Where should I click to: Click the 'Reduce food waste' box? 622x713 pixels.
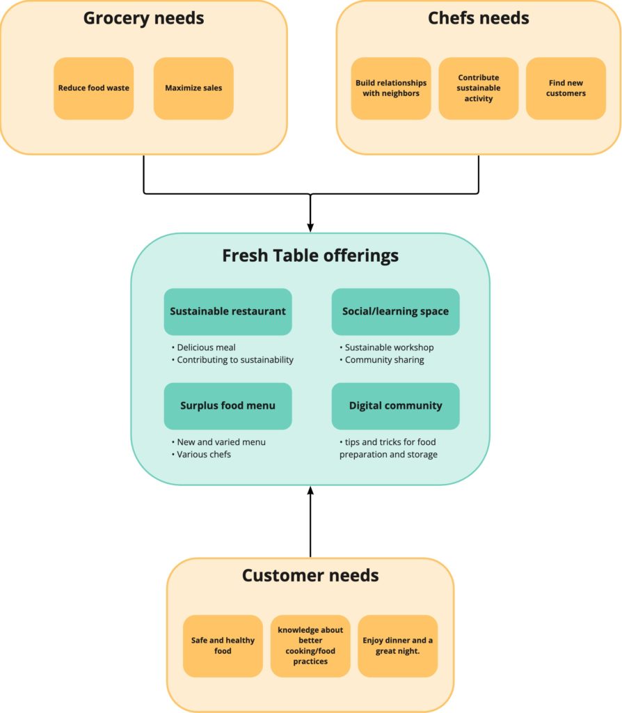pyautogui.click(x=93, y=88)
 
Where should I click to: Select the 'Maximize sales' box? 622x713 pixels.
pyautogui.click(x=193, y=88)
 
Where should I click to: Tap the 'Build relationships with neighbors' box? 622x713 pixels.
pyautogui.click(x=391, y=88)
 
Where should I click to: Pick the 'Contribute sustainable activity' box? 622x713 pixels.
pyautogui.click(x=479, y=88)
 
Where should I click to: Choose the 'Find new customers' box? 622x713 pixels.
pyautogui.click(x=566, y=88)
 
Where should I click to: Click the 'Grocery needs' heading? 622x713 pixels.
pyautogui.click(x=143, y=18)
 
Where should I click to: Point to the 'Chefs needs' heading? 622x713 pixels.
pyautogui.click(x=479, y=18)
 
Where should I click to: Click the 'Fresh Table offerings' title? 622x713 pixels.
pyautogui.click(x=310, y=256)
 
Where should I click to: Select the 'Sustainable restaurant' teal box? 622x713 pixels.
pyautogui.click(x=228, y=311)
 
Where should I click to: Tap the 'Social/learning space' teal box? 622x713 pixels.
pyautogui.click(x=395, y=311)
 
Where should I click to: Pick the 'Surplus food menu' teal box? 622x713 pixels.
pyautogui.click(x=228, y=405)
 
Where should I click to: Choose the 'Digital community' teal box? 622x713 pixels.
pyautogui.click(x=395, y=405)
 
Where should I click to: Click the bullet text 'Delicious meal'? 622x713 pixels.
pyautogui.click(x=206, y=347)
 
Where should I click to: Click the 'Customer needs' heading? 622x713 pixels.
pyautogui.click(x=310, y=576)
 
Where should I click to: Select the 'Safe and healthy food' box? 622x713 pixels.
pyautogui.click(x=223, y=645)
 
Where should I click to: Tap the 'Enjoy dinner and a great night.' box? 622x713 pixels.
pyautogui.click(x=397, y=645)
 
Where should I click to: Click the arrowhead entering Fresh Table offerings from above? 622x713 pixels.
pyautogui.click(x=310, y=227)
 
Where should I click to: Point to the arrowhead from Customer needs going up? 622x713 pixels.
pyautogui.click(x=310, y=492)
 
